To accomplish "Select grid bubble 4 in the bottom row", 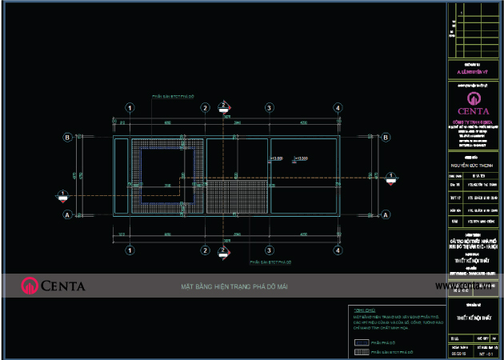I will pos(337,250).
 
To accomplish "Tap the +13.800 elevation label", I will pos(277,159).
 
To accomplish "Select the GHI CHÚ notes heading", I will pos(362,310).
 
